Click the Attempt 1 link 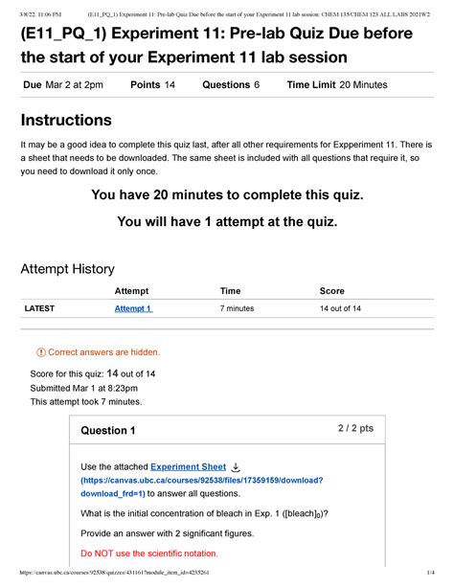click(133, 309)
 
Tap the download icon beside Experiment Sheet click(236, 466)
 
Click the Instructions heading click(66, 121)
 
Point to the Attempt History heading click(68, 269)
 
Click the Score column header click(332, 290)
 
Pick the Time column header click(230, 290)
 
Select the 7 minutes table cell click(237, 309)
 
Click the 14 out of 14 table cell click(340, 309)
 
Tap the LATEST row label click(40, 309)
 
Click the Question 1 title click(108, 430)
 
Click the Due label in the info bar click(32, 85)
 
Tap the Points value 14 click(170, 85)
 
